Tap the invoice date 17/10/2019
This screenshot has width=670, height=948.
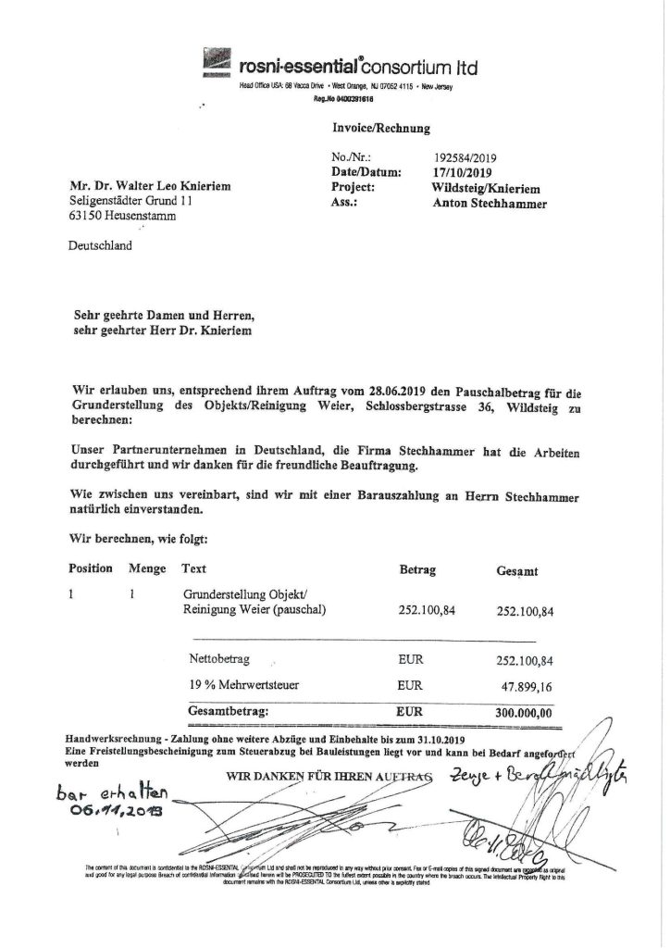point(464,172)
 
